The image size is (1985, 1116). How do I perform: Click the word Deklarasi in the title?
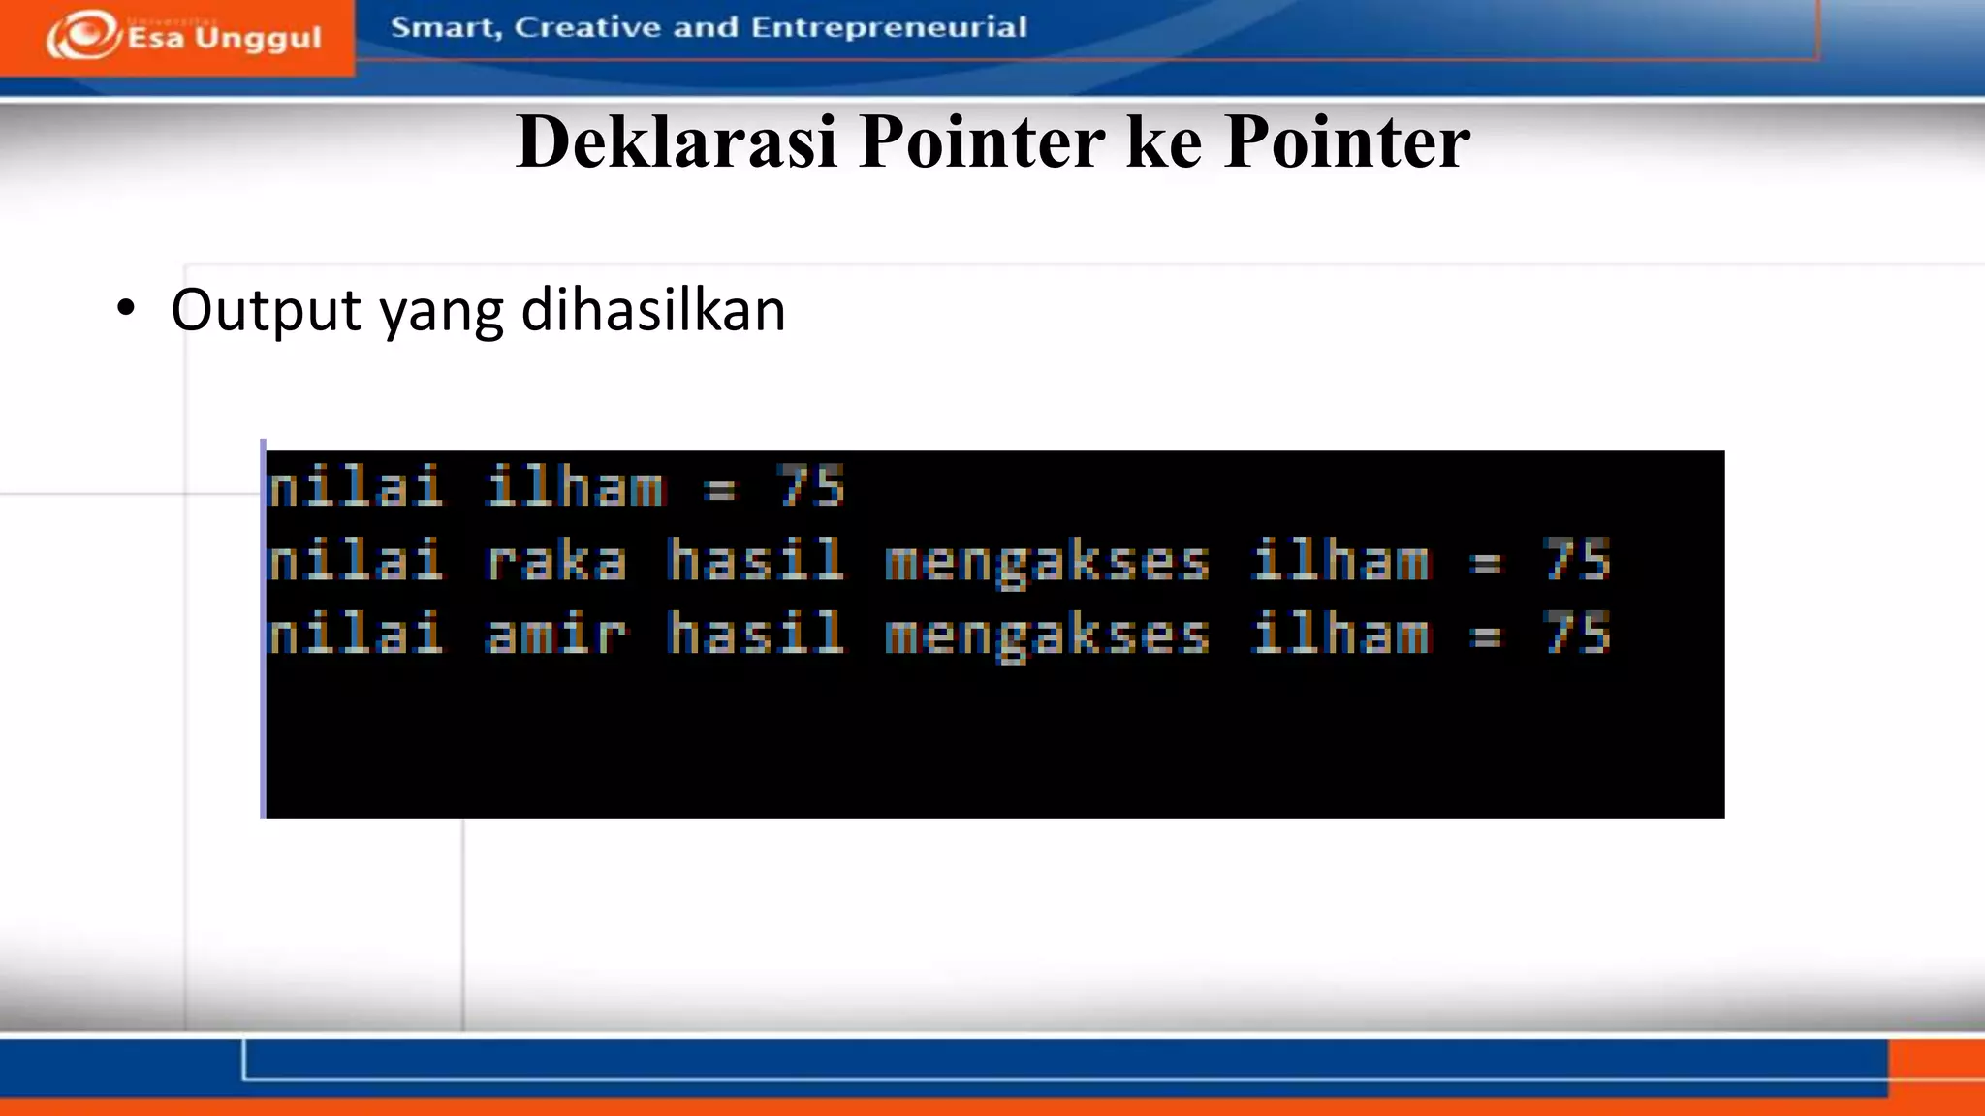(x=677, y=142)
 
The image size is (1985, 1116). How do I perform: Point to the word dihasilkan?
(x=653, y=310)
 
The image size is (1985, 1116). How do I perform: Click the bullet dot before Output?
(x=126, y=309)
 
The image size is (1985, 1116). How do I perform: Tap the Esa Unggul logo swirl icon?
(x=83, y=35)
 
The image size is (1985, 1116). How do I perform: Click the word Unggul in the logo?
(x=258, y=39)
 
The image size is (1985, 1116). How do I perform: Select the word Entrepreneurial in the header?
(x=889, y=27)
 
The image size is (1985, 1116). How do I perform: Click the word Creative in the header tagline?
(x=588, y=27)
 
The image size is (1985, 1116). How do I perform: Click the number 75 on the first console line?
(x=811, y=486)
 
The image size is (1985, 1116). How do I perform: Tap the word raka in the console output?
(x=555, y=561)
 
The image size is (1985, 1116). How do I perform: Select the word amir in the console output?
(x=555, y=635)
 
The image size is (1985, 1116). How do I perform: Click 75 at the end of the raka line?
(x=1577, y=561)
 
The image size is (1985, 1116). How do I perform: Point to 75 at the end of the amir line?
(x=1577, y=635)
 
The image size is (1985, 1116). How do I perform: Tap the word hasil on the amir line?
(x=755, y=635)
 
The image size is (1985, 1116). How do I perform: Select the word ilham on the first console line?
(x=575, y=486)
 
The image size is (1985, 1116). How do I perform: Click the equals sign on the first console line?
(x=720, y=489)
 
